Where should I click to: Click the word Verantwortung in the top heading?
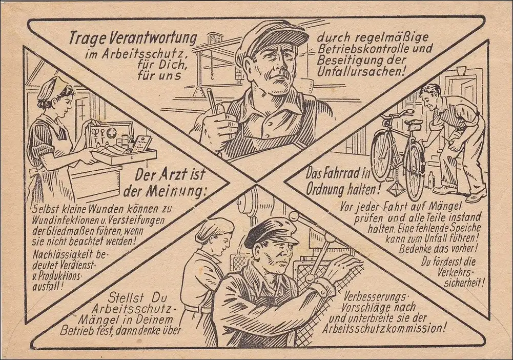[x=152, y=39]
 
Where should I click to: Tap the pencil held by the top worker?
[x=212, y=101]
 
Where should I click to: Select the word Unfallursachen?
[x=361, y=71]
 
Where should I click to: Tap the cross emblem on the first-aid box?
[x=112, y=132]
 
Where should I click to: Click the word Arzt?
[x=173, y=175]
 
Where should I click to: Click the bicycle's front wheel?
[x=381, y=156]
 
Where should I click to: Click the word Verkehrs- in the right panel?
[x=456, y=272]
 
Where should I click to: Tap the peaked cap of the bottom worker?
[x=271, y=231]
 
